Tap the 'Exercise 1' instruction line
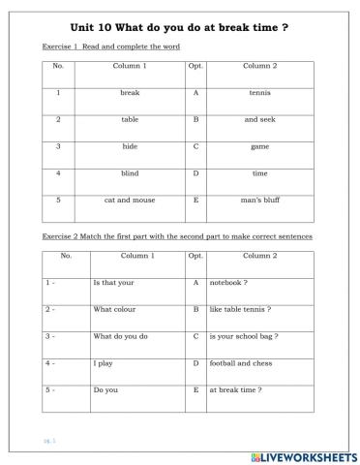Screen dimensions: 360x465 click(x=111, y=46)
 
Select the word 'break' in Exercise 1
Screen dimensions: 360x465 click(x=130, y=93)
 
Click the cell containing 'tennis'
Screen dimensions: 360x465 click(x=258, y=93)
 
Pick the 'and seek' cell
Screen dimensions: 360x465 click(x=258, y=120)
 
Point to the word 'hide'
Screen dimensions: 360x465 click(x=130, y=147)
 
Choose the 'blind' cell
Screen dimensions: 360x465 click(x=130, y=174)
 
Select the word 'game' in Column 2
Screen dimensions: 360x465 click(x=258, y=147)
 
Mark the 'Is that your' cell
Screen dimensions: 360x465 click(x=112, y=282)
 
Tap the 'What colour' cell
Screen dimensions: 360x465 click(x=112, y=309)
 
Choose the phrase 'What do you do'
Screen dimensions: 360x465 click(x=120, y=336)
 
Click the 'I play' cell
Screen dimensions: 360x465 click(x=103, y=362)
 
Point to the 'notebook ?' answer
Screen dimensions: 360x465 click(x=229, y=282)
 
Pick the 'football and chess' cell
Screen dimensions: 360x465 click(x=241, y=362)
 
